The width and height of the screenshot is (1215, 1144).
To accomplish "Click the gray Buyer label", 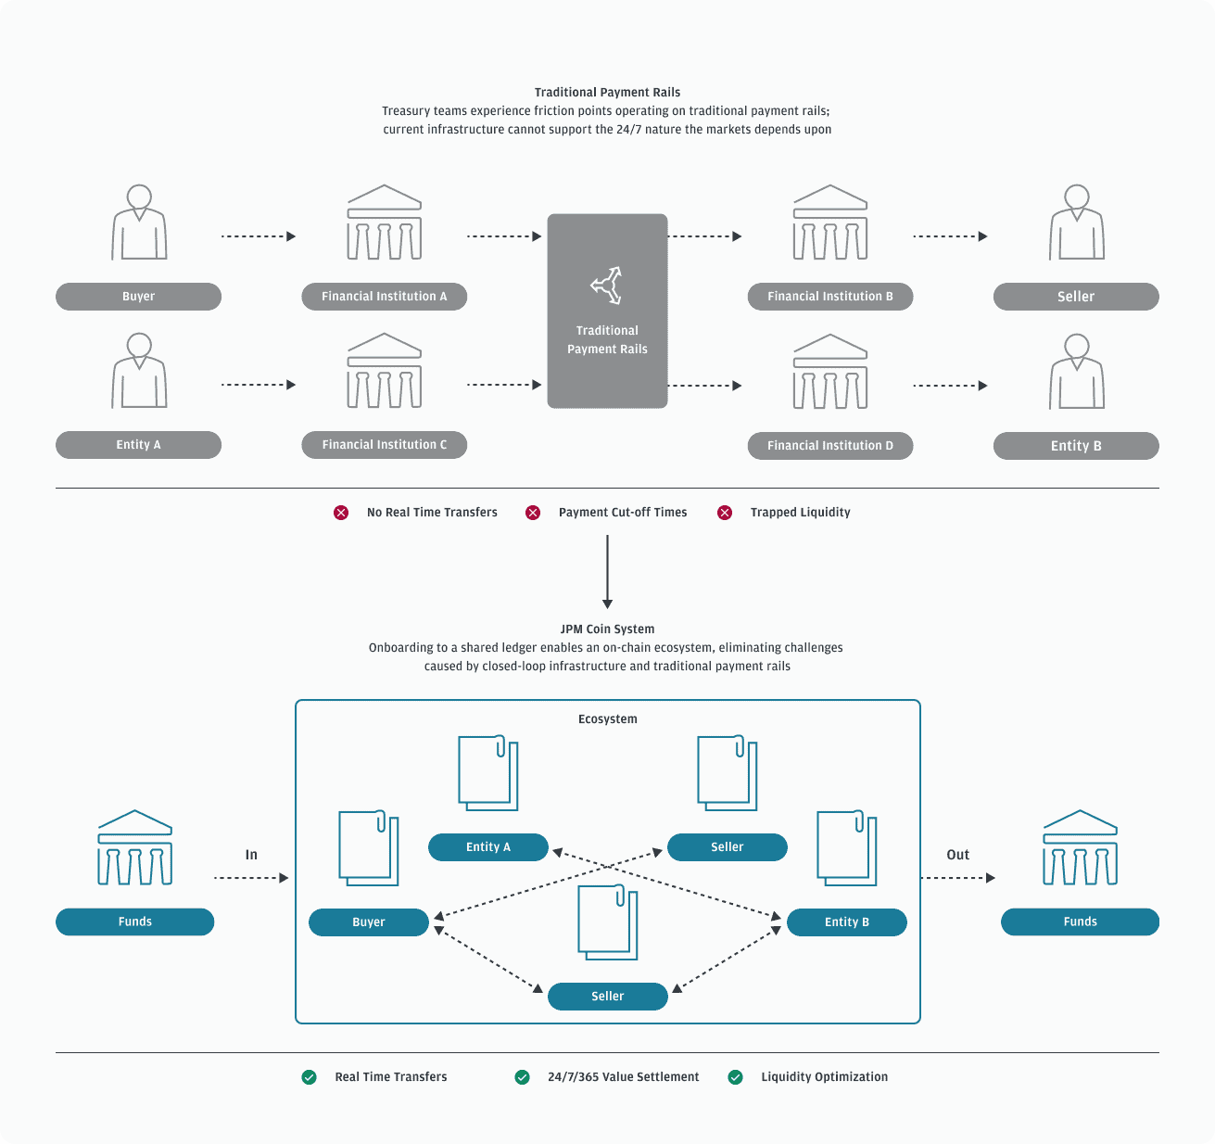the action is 138,297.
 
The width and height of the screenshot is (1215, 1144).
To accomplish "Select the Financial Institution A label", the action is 385,297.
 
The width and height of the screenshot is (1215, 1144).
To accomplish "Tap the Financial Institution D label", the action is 830,446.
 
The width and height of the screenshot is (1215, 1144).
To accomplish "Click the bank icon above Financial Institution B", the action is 830,222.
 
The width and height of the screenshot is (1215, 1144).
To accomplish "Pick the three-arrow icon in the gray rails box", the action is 606,286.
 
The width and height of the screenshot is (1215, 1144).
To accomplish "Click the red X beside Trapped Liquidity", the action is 725,513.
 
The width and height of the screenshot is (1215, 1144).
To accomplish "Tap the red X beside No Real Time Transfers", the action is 341,513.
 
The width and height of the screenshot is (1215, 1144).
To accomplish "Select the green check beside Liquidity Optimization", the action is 735,1077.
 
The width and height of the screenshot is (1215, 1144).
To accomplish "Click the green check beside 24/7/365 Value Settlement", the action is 523,1077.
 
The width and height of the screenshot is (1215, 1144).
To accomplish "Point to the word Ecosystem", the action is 608,719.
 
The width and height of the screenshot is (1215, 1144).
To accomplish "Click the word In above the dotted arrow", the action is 251,855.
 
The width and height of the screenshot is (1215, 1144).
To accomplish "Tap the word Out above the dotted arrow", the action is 957,855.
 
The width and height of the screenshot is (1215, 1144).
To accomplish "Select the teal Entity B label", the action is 847,922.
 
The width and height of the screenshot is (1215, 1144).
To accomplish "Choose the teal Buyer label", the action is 368,922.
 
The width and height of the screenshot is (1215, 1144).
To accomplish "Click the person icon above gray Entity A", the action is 139,371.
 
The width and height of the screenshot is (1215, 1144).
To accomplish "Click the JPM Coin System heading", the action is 608,629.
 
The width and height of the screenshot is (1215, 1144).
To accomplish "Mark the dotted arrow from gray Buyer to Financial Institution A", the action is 259,236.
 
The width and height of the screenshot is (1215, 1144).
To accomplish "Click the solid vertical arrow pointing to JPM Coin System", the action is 608,572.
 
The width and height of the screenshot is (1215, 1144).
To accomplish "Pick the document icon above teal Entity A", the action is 488,772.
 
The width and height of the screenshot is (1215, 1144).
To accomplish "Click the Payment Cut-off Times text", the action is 623,513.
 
